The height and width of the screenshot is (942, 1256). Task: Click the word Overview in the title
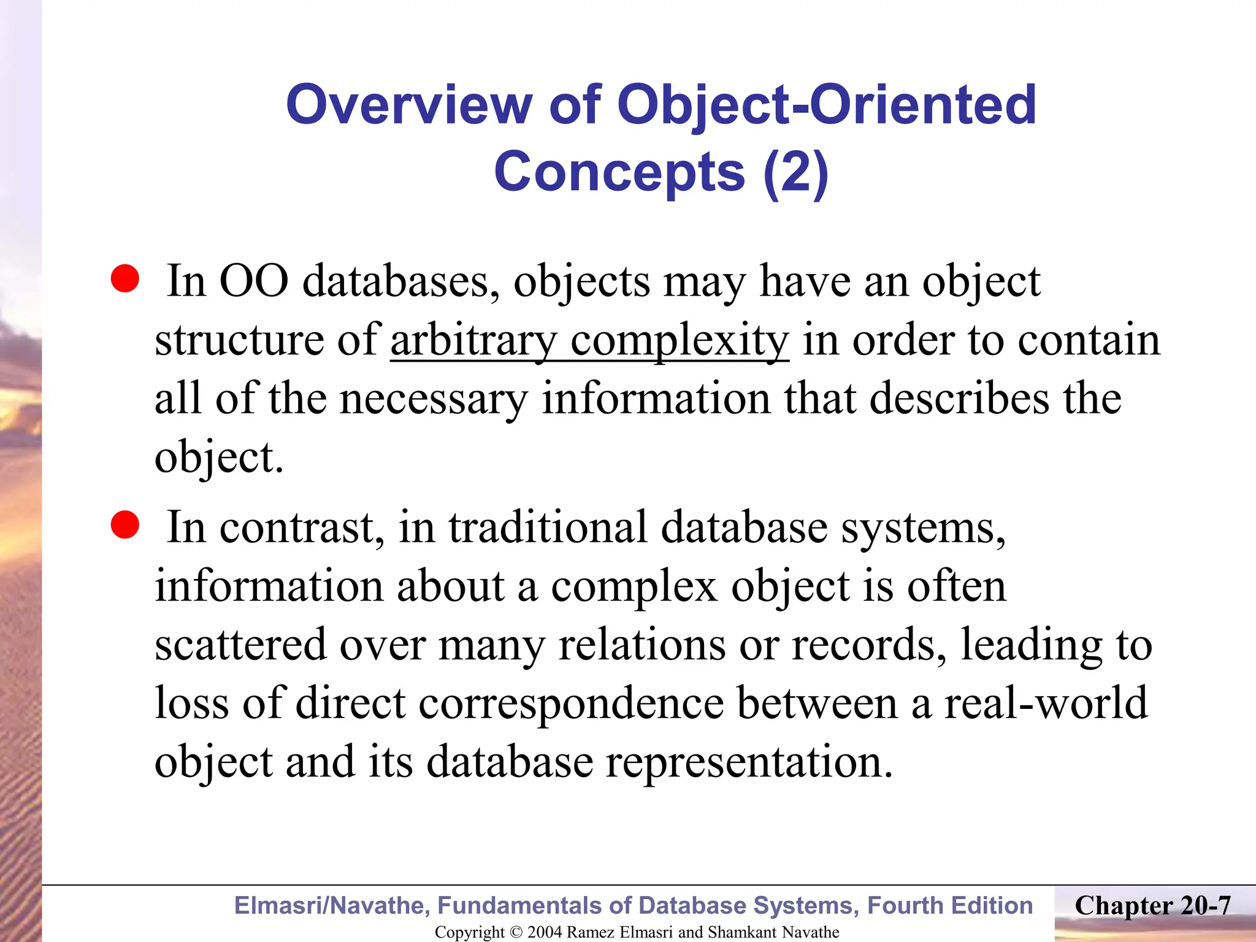[408, 105]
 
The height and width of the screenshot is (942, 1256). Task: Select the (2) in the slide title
[795, 172]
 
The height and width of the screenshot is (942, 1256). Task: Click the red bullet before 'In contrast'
[125, 525]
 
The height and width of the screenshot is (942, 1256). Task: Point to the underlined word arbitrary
[473, 340]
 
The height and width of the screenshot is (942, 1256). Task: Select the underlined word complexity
[680, 340]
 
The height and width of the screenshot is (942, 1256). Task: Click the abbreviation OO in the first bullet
[254, 281]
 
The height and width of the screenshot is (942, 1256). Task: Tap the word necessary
[433, 399]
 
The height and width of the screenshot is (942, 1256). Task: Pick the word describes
[959, 399]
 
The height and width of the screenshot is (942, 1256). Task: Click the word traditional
[548, 527]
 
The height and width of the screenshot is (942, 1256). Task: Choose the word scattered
[240, 645]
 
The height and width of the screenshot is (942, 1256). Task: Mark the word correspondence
[571, 703]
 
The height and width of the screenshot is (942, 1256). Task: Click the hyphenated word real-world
[1046, 703]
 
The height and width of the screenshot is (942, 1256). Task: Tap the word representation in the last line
[749, 762]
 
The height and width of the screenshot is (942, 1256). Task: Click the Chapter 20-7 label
[1152, 906]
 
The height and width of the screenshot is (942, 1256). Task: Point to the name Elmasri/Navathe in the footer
[332, 906]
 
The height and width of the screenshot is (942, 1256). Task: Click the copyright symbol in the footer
[516, 932]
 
